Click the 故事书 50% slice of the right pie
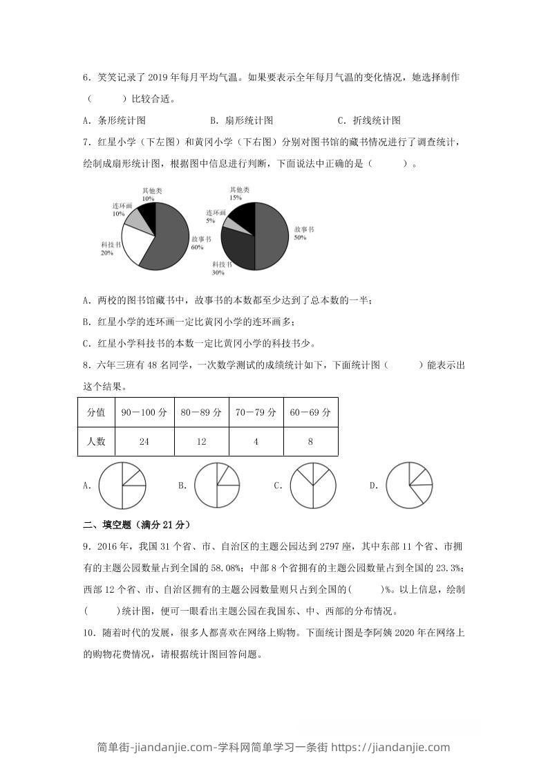pyautogui.click(x=272, y=236)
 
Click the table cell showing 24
pyautogui.click(x=144, y=441)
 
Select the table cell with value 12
pyautogui.click(x=201, y=441)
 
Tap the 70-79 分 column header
pyautogui.click(x=256, y=412)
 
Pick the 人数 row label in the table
pyautogui.click(x=96, y=441)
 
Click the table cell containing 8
pyautogui.click(x=310, y=441)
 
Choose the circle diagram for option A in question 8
pyautogui.click(x=122, y=486)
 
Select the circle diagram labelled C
pyautogui.click(x=313, y=486)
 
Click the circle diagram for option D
pyautogui.click(x=409, y=486)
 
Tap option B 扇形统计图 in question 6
pyautogui.click(x=242, y=120)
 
